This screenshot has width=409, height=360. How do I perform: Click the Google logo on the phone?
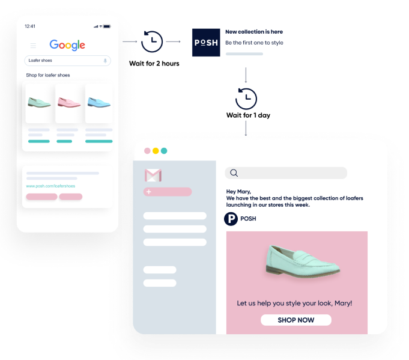click(x=67, y=45)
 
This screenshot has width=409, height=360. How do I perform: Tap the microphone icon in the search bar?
click(x=105, y=61)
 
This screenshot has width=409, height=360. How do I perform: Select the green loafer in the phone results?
click(x=38, y=102)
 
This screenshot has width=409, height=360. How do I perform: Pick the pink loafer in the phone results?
click(x=68, y=102)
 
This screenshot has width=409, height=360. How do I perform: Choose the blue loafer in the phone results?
click(x=98, y=102)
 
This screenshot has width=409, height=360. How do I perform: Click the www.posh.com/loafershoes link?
click(x=50, y=186)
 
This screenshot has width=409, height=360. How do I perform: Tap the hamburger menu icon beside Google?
click(x=33, y=46)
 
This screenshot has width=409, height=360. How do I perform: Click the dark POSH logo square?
click(x=206, y=42)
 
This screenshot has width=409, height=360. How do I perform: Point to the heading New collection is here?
click(x=253, y=32)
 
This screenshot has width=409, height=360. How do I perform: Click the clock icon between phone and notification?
click(x=153, y=41)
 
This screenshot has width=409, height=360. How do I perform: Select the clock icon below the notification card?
click(x=246, y=99)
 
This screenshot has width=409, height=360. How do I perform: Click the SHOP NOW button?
click(x=295, y=320)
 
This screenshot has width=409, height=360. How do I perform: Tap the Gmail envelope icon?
click(x=153, y=175)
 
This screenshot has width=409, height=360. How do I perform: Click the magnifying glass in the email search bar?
click(x=234, y=173)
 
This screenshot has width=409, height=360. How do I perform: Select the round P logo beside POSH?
click(x=231, y=219)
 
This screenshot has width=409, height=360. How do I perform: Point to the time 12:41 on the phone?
click(x=30, y=26)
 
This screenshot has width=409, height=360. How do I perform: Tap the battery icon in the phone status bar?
click(x=107, y=26)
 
